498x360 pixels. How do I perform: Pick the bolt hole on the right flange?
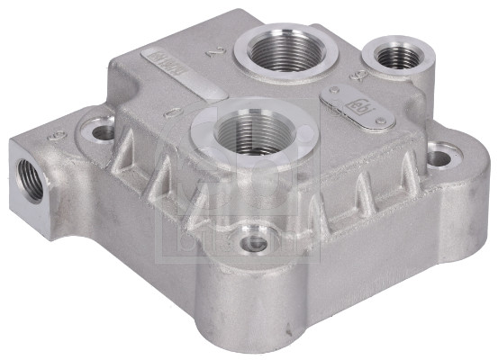(x=439, y=159)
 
